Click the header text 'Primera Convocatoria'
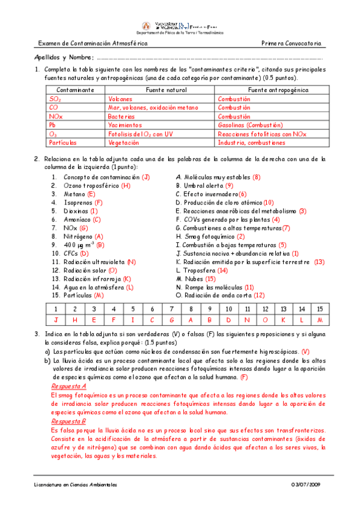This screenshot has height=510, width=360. [x=292, y=45]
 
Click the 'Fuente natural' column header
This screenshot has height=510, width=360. [x=159, y=90]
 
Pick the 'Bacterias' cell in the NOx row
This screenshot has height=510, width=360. [x=121, y=116]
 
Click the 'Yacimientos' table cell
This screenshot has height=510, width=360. [x=124, y=125]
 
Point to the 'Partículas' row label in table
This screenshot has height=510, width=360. [x=63, y=143]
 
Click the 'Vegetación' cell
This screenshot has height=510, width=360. [x=124, y=143]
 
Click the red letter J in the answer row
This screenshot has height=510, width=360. [x=56, y=319]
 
